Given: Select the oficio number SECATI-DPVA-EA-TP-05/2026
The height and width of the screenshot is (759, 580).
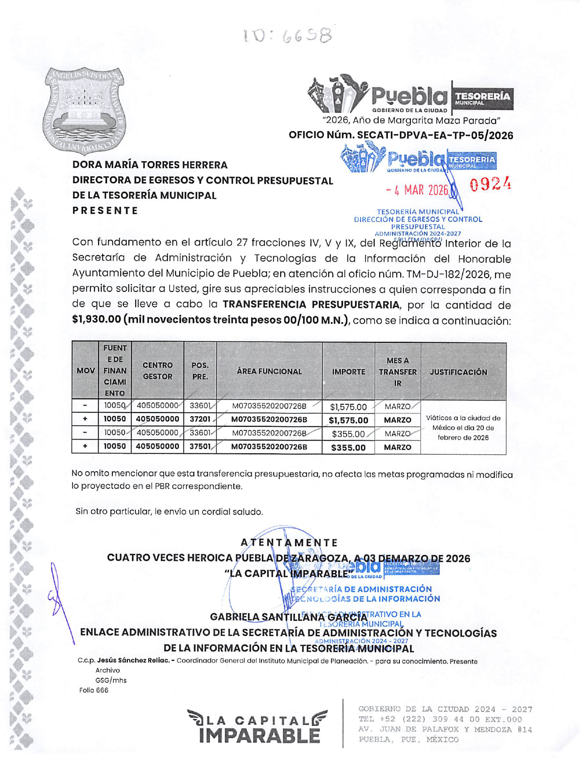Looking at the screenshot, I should [435, 135].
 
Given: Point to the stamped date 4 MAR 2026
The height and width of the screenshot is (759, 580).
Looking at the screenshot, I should [417, 190].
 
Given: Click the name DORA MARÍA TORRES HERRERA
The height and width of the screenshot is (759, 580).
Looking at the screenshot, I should [150, 165].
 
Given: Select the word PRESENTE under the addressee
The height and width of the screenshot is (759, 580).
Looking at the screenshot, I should [105, 211].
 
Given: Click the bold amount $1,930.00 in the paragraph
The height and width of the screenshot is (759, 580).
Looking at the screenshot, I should [96, 319].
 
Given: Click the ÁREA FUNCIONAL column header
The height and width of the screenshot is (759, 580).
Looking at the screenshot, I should [269, 371].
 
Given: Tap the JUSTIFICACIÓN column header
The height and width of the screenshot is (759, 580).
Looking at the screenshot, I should [458, 372].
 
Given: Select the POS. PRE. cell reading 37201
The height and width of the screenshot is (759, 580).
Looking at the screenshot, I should [200, 419].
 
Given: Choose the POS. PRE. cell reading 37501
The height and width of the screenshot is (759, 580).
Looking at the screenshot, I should [200, 446].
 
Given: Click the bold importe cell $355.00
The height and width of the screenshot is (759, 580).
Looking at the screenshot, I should [348, 447].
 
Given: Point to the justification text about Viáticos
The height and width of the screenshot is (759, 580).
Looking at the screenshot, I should [463, 428].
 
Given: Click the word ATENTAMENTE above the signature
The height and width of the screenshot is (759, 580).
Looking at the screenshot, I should [289, 542].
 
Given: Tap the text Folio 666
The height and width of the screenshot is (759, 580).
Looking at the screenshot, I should [94, 690].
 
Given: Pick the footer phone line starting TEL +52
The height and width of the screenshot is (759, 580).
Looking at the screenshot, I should [440, 719].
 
